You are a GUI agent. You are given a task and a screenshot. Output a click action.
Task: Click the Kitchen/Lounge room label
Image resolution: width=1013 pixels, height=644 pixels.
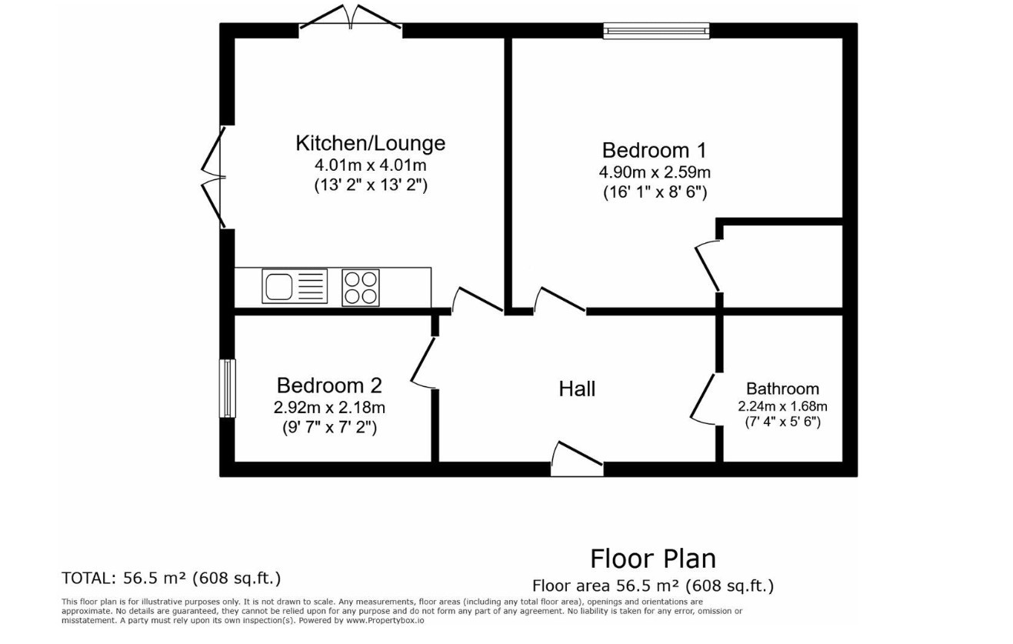pos(371,143)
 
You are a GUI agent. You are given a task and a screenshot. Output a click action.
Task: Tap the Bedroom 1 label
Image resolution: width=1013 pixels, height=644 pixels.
pos(654,151)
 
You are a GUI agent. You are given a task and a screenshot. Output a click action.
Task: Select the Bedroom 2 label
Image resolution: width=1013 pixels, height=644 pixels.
pos(329,385)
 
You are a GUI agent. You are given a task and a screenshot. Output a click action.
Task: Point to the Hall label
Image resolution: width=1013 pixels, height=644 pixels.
pos(577,389)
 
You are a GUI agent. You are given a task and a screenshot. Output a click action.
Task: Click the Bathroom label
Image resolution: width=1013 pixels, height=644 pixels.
pos(782,389)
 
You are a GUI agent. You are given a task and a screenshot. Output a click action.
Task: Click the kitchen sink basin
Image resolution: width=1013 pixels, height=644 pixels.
pos(278,287)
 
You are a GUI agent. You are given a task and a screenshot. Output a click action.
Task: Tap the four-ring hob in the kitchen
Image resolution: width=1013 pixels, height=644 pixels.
pos(361,288)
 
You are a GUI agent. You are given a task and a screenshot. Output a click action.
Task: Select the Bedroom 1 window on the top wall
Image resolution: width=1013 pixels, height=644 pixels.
pos(656,30)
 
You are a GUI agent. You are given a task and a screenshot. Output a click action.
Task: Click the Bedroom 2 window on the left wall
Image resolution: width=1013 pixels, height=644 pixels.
pos(228,388)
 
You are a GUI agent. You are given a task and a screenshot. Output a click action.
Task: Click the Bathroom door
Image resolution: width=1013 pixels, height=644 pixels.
pos(703,399)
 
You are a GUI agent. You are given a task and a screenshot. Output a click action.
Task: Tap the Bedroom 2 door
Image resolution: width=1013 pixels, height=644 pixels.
pos(423,362)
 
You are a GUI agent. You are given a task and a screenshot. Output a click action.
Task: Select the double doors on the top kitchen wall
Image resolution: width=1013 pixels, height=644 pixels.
pos(351,16)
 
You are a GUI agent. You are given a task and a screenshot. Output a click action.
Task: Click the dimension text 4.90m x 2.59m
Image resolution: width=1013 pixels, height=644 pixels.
pos(655,172)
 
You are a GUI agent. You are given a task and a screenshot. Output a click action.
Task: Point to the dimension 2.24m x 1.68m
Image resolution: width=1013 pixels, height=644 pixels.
pos(783,406)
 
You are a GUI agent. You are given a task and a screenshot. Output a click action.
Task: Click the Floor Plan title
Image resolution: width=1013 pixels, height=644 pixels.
pos(653,559)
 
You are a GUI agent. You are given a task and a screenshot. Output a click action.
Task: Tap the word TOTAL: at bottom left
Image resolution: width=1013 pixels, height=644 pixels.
pos(89,579)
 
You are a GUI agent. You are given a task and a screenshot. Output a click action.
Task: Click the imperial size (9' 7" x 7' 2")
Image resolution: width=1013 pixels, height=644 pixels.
pos(330,427)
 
